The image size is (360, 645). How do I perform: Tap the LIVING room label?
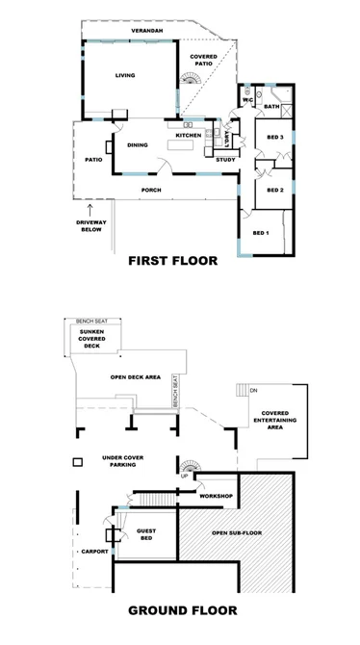pos(125,75)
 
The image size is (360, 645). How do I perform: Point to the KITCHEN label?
pos(188,136)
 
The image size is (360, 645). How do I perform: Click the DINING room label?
pos(137,144)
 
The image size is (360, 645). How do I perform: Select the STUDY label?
pos(225,159)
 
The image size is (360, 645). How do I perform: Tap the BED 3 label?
pos(273,138)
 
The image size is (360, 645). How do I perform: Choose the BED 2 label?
pos(273,190)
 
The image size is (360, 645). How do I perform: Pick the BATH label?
pos(271,107)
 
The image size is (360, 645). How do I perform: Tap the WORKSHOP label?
pos(217,496)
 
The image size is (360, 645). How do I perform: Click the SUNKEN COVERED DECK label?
pos(97,340)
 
